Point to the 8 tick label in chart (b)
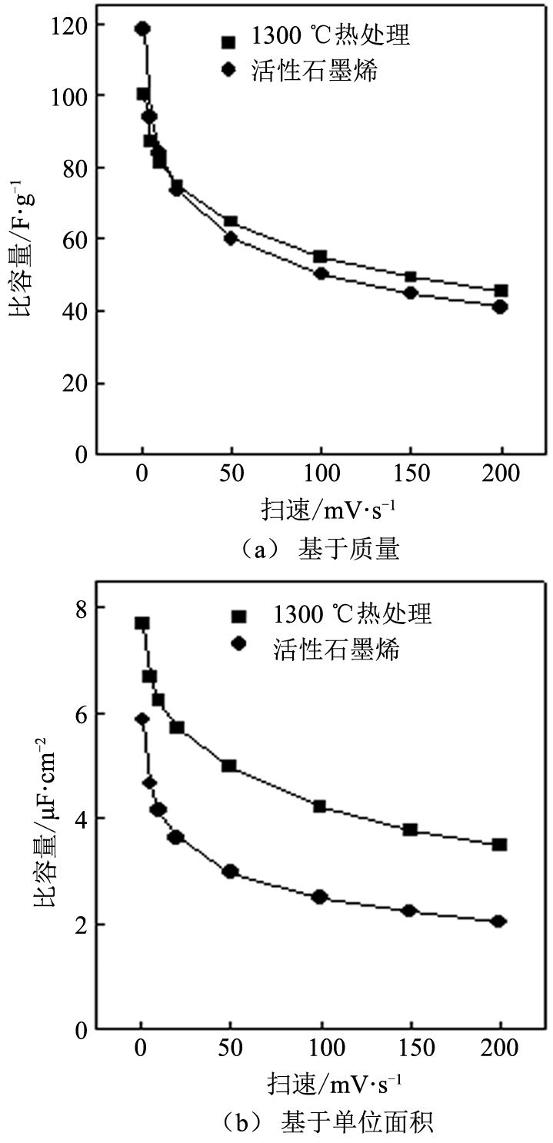click(82, 608)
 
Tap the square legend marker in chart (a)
click(227, 42)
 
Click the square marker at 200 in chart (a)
click(501, 291)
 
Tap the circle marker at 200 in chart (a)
click(501, 307)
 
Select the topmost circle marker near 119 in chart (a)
click(142, 29)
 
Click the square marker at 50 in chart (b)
click(229, 766)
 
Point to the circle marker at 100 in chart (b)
click(320, 896)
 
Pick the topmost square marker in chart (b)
click(142, 623)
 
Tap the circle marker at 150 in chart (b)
click(410, 910)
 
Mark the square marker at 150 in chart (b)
click(410, 829)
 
